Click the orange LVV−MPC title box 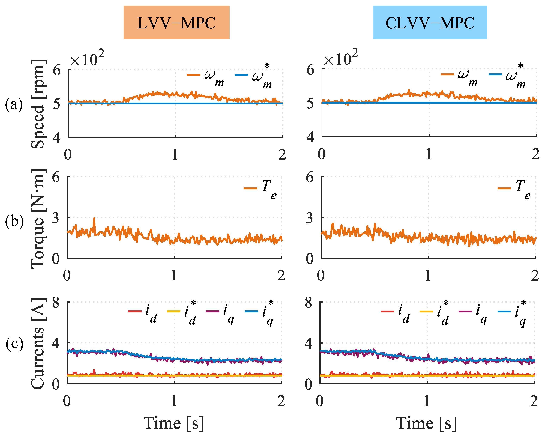pos(176,22)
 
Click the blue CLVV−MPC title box pos(430,22)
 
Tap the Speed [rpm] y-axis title pos(38,104)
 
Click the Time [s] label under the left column pos(174,423)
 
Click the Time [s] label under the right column pos(427,423)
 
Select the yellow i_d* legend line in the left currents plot pos(174,311)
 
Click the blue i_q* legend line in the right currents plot pos(504,311)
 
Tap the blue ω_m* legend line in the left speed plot pos(241,75)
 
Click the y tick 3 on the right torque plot pos(310,218)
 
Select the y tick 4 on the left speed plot pos(57,138)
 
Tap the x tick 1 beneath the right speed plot pos(429,154)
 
